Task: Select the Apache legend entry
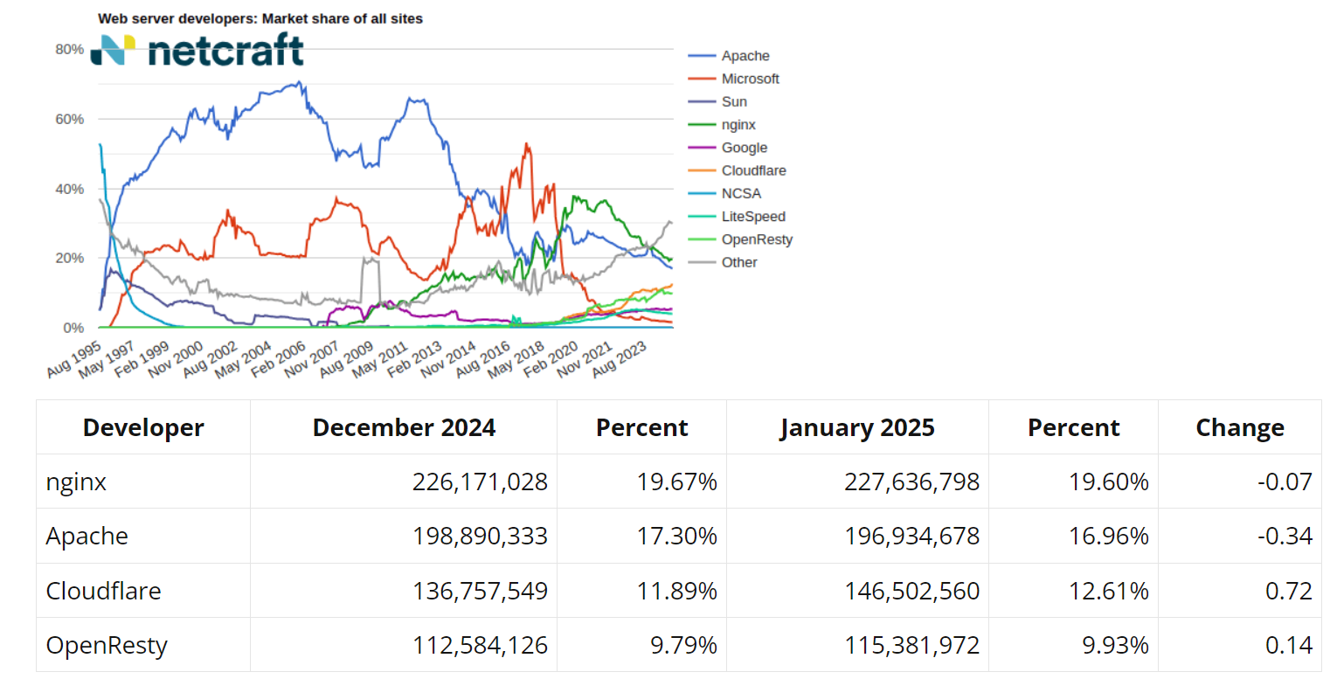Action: [745, 56]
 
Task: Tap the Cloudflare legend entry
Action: [753, 170]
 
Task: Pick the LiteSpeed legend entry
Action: [753, 217]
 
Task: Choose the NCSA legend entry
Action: [741, 194]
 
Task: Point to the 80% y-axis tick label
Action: [69, 49]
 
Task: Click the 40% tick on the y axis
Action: [69, 189]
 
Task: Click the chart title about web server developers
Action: [260, 18]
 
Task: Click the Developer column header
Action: [143, 428]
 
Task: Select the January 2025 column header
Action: [857, 428]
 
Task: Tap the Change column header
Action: [1239, 428]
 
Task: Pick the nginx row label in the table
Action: [77, 482]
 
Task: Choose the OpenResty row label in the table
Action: [107, 646]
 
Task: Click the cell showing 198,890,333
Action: [479, 536]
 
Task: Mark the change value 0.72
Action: [1288, 591]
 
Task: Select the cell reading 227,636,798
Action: [911, 482]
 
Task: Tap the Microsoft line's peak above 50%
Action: [526, 144]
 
